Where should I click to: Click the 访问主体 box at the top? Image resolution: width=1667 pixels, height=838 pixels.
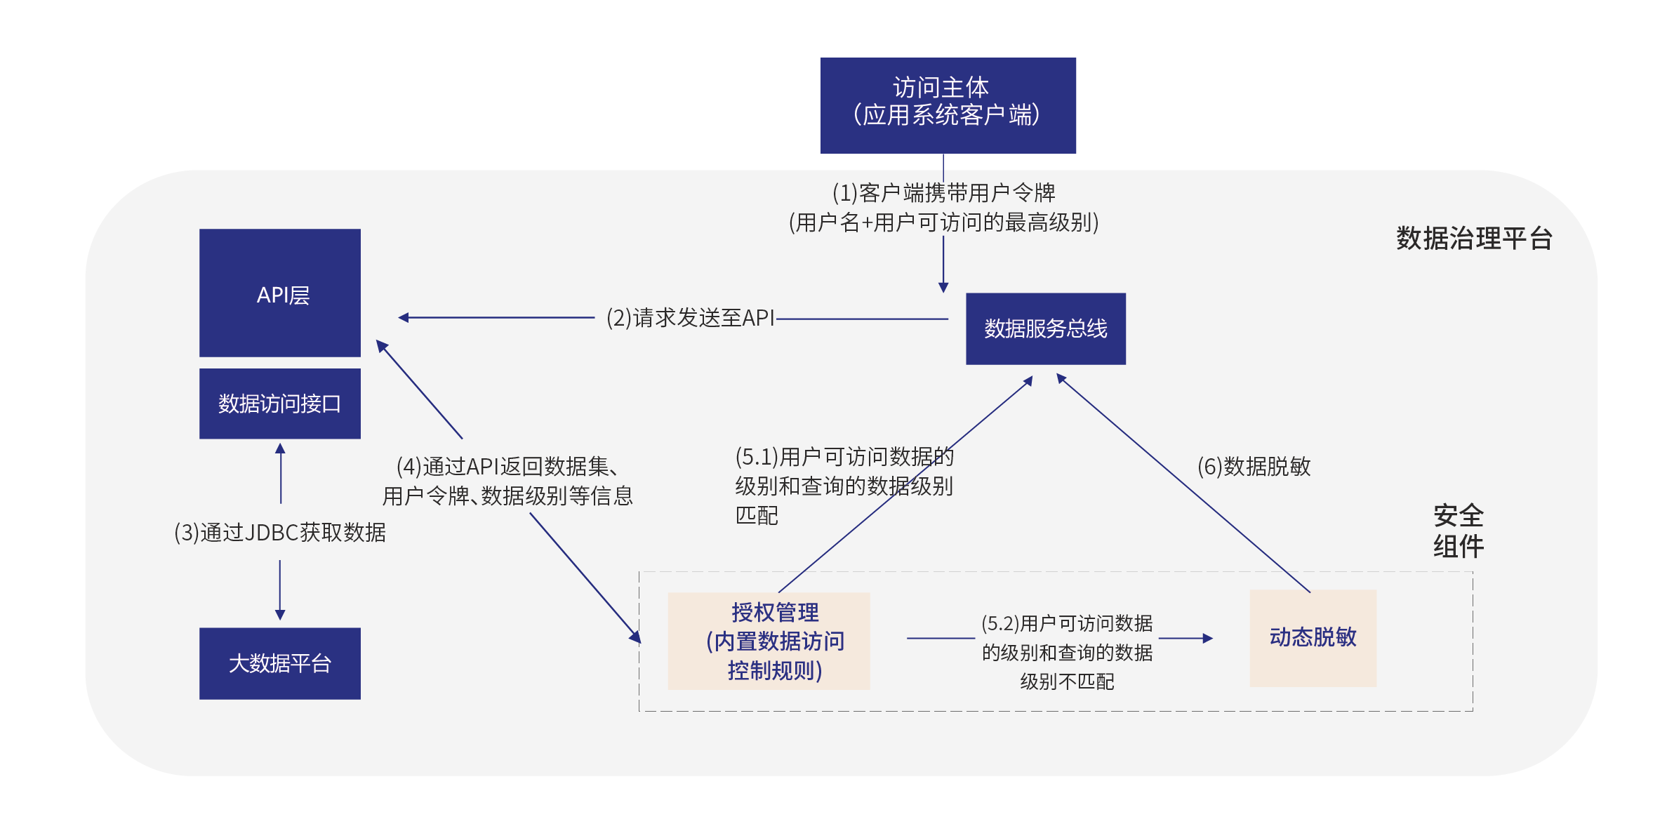coord(948,105)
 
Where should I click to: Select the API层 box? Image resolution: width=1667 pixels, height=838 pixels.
coord(279,293)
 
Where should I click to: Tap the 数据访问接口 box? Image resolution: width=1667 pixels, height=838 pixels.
coord(279,404)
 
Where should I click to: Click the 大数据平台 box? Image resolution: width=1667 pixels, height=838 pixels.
coord(279,663)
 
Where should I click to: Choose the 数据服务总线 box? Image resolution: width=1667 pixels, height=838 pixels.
coord(1045,328)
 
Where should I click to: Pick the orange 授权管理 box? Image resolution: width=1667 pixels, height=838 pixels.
coord(769,641)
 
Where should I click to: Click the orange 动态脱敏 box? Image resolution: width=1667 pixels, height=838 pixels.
coord(1313,637)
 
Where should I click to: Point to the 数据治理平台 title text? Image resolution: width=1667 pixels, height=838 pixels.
coord(1473,239)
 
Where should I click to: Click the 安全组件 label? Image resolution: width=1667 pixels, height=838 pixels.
coord(1458,531)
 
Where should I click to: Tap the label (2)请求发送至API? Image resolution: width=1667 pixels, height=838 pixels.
coord(690,318)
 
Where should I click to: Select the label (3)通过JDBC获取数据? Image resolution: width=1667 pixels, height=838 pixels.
coord(279,533)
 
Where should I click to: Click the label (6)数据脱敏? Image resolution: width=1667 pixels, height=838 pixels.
coord(1254,467)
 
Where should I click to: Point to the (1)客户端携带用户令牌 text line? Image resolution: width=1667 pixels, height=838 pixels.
coord(943,192)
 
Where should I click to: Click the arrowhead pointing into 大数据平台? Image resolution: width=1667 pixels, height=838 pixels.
coord(280,616)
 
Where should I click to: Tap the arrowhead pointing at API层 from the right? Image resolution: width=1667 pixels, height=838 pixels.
coord(403,318)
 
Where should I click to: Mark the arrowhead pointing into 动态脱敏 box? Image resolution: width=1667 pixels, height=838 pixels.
coord(1208,638)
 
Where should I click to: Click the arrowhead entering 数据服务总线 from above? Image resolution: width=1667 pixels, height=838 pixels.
coord(943,288)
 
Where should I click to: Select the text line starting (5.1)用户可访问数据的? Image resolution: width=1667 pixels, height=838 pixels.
coord(844,457)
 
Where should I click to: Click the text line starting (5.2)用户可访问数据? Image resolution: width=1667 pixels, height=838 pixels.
coord(1066,623)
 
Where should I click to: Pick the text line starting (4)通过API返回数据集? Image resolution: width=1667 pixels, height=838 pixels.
coord(507,467)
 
